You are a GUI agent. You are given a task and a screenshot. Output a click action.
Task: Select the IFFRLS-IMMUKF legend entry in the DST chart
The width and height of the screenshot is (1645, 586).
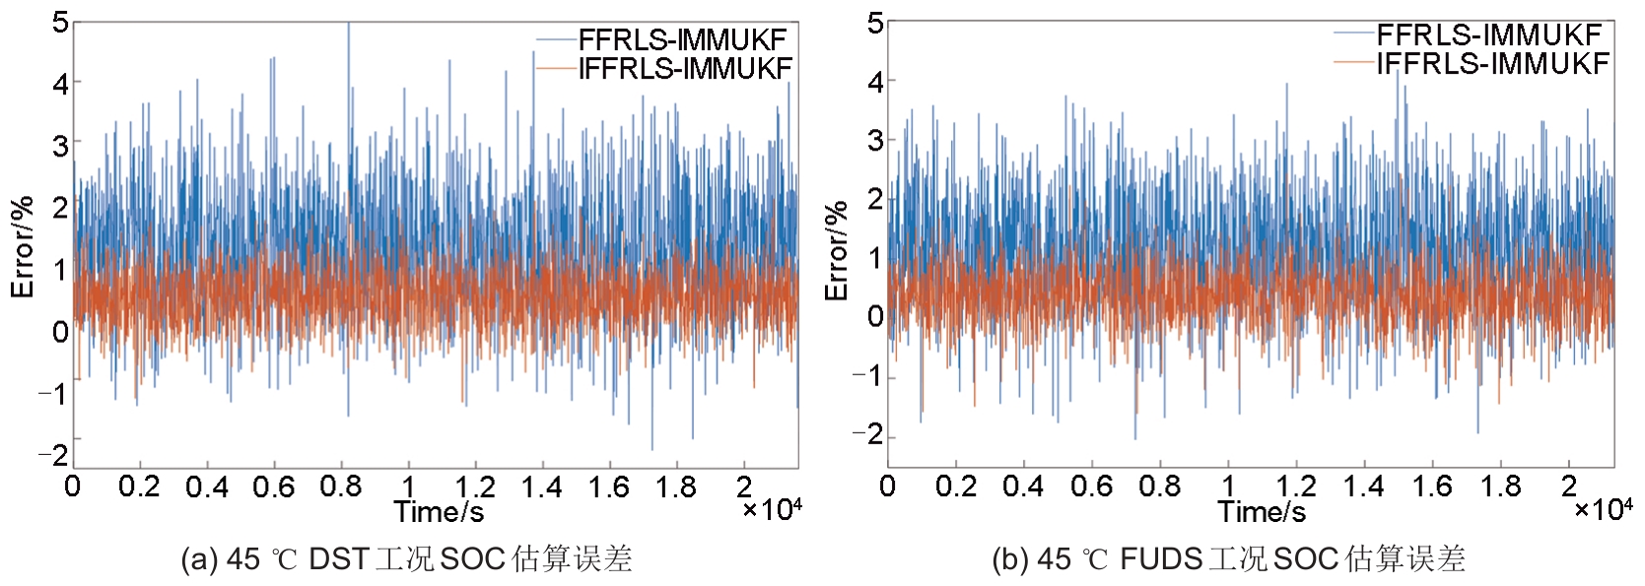(x=685, y=68)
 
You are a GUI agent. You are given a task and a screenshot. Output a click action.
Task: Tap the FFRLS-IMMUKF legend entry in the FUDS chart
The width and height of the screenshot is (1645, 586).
(x=1488, y=34)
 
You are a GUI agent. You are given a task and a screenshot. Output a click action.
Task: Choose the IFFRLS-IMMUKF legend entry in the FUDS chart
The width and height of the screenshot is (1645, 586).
(x=1492, y=63)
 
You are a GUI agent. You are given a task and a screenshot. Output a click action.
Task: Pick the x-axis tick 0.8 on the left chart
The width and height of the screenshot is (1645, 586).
(x=341, y=487)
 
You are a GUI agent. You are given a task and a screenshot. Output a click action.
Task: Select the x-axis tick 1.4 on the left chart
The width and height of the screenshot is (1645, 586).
(x=541, y=487)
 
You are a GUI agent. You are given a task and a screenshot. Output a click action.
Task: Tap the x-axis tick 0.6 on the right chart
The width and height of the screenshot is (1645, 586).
(x=1091, y=487)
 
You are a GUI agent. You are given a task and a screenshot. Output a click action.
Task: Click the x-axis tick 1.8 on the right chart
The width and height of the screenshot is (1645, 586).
(x=1500, y=487)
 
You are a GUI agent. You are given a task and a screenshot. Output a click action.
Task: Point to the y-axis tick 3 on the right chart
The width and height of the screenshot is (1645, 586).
(x=875, y=140)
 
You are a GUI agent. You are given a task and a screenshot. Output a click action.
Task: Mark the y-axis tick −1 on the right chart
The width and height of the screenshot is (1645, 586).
(x=868, y=376)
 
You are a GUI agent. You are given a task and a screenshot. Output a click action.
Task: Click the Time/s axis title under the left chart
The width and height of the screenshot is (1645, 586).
(x=439, y=511)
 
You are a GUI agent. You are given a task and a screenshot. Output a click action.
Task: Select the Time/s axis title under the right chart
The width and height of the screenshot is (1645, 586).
(x=1262, y=511)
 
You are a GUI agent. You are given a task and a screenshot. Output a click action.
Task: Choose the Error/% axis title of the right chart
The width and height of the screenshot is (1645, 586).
(x=837, y=251)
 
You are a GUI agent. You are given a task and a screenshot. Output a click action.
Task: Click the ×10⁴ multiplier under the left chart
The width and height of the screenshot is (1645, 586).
(x=772, y=509)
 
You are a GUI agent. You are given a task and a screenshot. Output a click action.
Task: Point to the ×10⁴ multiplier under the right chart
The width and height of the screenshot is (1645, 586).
(x=1603, y=509)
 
